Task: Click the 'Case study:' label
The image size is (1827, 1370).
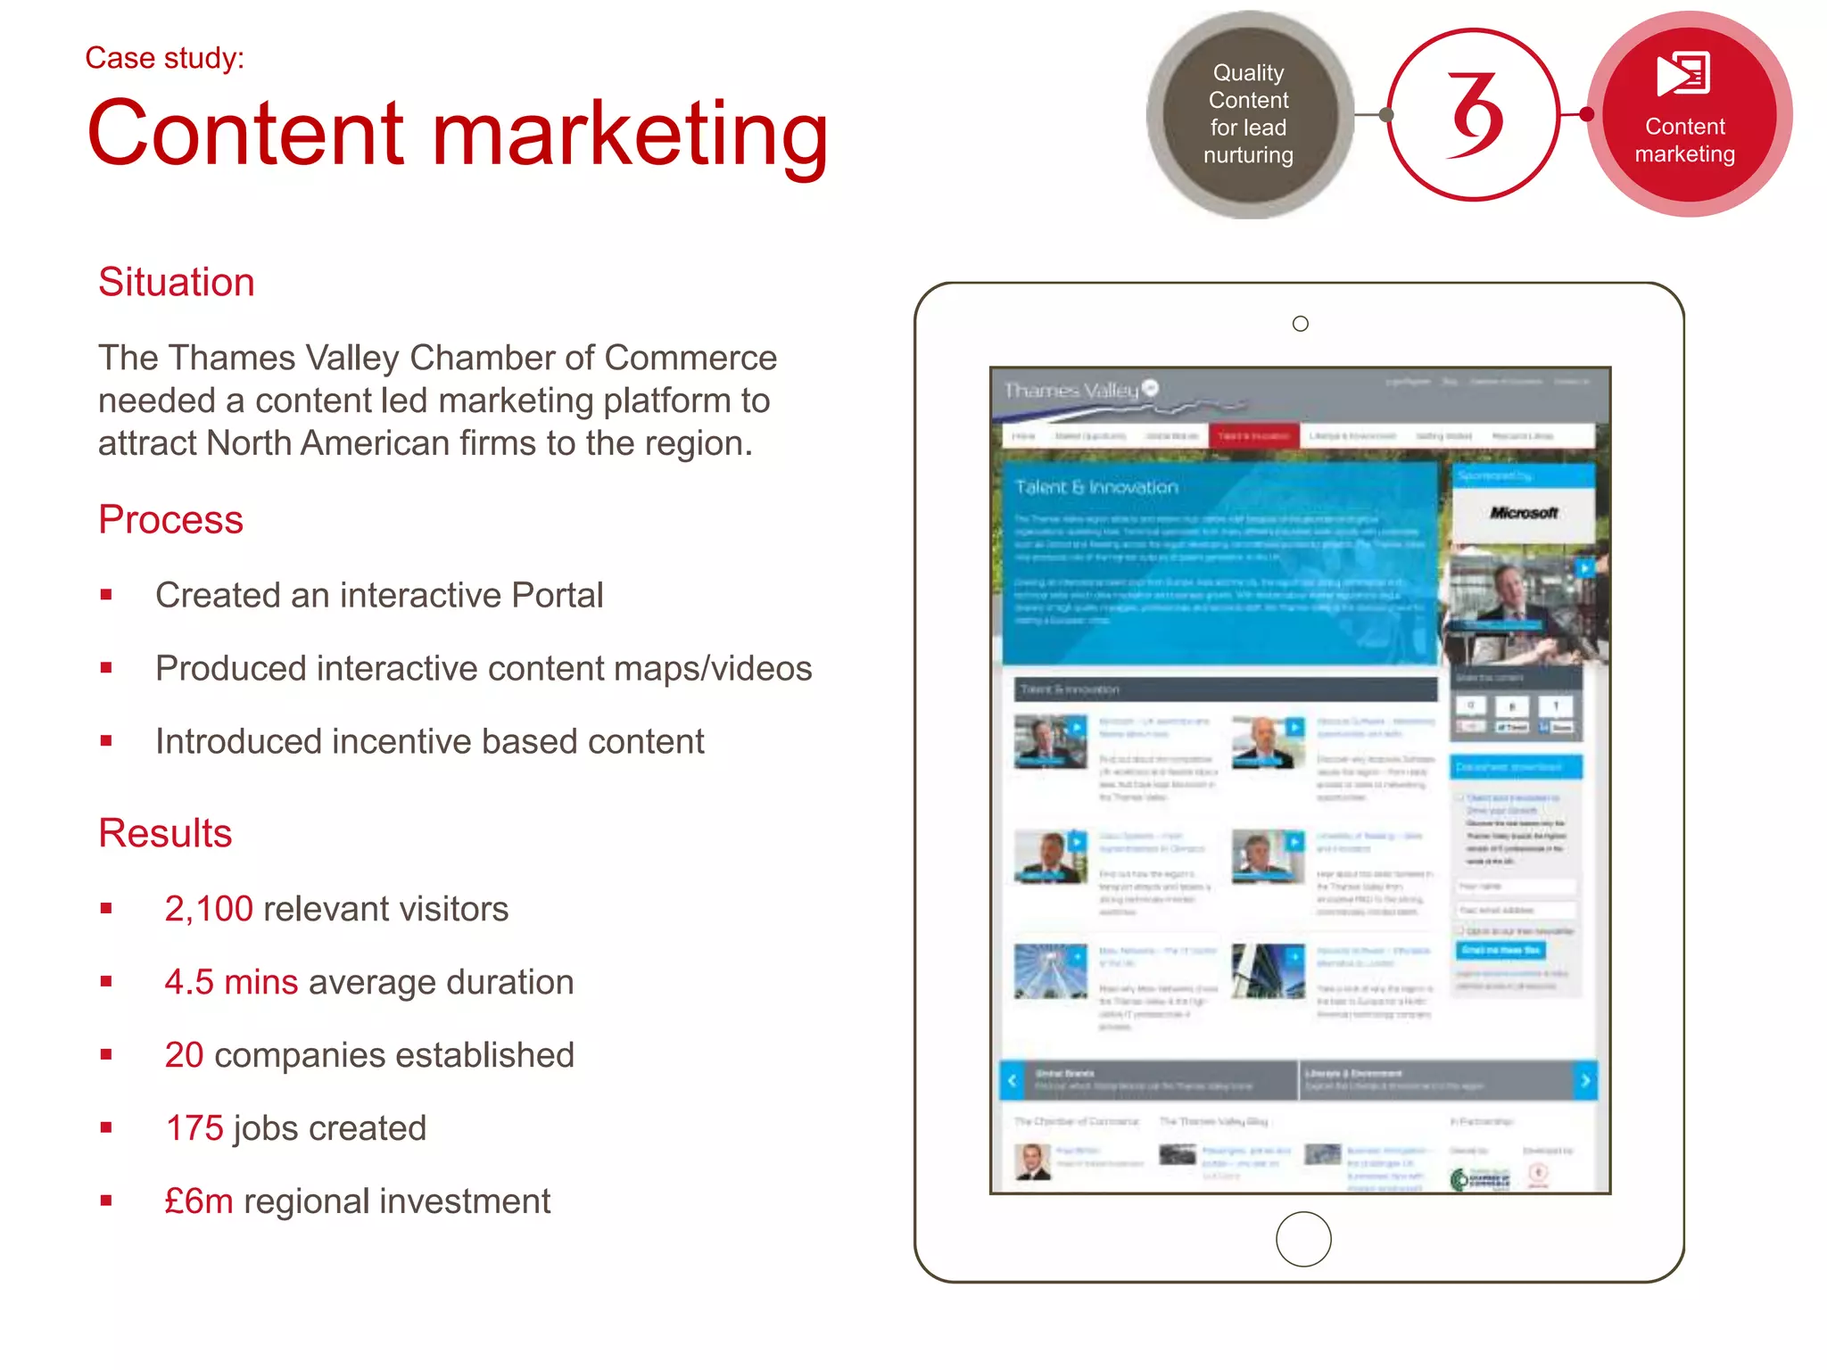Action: pyautogui.click(x=164, y=58)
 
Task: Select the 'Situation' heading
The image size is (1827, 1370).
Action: pyautogui.click(x=177, y=282)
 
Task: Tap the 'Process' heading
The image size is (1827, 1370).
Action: pyautogui.click(x=170, y=519)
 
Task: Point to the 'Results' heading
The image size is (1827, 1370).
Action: pyautogui.click(x=165, y=833)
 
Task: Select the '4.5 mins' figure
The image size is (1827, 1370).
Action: pyautogui.click(x=231, y=982)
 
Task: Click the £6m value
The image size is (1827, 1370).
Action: pyautogui.click(x=198, y=1201)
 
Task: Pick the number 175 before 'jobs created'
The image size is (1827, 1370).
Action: pyautogui.click(x=194, y=1128)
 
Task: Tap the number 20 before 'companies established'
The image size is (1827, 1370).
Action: pyautogui.click(x=184, y=1055)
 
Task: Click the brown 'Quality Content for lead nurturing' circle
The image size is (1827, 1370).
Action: pyautogui.click(x=1248, y=114)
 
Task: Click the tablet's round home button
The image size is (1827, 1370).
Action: pyautogui.click(x=1303, y=1239)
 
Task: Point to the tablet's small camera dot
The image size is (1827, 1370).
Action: pyautogui.click(x=1301, y=324)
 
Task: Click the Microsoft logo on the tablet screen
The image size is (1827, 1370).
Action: pyautogui.click(x=1524, y=513)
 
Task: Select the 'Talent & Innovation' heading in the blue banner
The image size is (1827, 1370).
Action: pyautogui.click(x=1096, y=487)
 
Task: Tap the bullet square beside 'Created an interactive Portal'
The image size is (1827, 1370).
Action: pyautogui.click(x=107, y=595)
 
